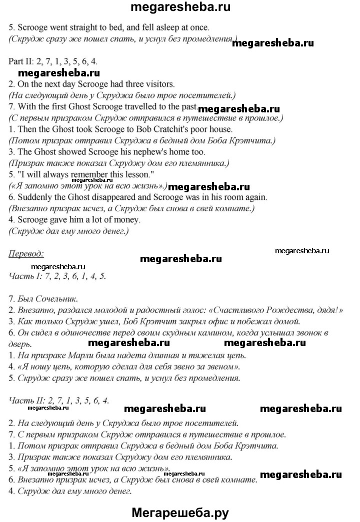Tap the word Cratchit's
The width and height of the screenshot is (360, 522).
click(x=175, y=129)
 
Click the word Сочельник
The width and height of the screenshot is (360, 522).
click(x=56, y=299)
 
